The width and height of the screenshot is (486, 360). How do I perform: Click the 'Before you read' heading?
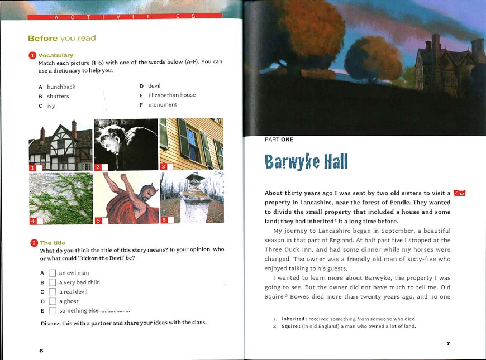[61, 39]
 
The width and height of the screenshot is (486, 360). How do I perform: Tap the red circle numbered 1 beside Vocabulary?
[32, 55]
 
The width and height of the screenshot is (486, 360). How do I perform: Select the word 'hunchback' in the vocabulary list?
[61, 87]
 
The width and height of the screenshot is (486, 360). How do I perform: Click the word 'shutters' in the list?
[58, 96]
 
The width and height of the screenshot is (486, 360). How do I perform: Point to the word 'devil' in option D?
[154, 85]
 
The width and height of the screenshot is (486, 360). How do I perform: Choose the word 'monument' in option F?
[163, 104]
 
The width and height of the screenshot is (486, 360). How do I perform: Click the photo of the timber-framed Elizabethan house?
[60, 145]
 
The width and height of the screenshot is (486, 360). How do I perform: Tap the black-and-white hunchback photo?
[126, 145]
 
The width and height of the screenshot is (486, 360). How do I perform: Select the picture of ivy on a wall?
[60, 198]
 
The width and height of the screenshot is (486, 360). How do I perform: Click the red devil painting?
[126, 198]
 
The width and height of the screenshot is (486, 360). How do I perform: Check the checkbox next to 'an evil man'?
[52, 273]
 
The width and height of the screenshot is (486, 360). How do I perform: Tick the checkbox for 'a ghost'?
[52, 301]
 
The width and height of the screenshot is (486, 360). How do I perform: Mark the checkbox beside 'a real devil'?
[52, 292]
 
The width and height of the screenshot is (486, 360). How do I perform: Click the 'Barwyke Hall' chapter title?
[306, 161]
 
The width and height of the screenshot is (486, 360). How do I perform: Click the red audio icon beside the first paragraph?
[460, 193]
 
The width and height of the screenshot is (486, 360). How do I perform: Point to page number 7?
[448, 343]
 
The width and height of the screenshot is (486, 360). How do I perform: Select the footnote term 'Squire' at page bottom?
[289, 326]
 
